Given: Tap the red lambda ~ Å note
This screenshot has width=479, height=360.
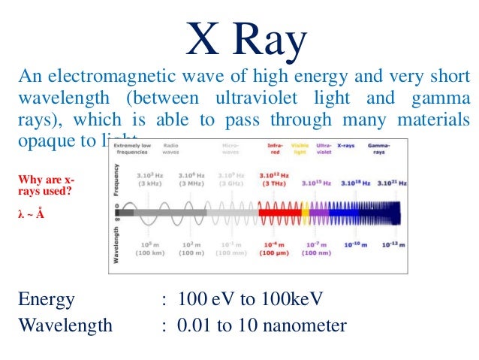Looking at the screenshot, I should point(31,214).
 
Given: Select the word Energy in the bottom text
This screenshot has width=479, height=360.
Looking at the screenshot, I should point(46,300).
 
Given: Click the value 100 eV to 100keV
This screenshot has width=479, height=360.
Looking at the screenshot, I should point(251,300).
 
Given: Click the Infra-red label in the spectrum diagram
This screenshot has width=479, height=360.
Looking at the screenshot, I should point(275,149).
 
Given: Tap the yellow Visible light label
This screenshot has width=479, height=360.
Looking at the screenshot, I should point(300,149).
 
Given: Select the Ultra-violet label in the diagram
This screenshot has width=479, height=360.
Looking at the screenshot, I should point(324,149).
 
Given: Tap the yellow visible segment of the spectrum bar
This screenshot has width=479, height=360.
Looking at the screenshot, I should point(305,213).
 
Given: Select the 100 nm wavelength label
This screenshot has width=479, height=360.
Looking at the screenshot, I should point(316,252).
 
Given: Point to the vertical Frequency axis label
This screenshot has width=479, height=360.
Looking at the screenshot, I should point(115,180).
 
